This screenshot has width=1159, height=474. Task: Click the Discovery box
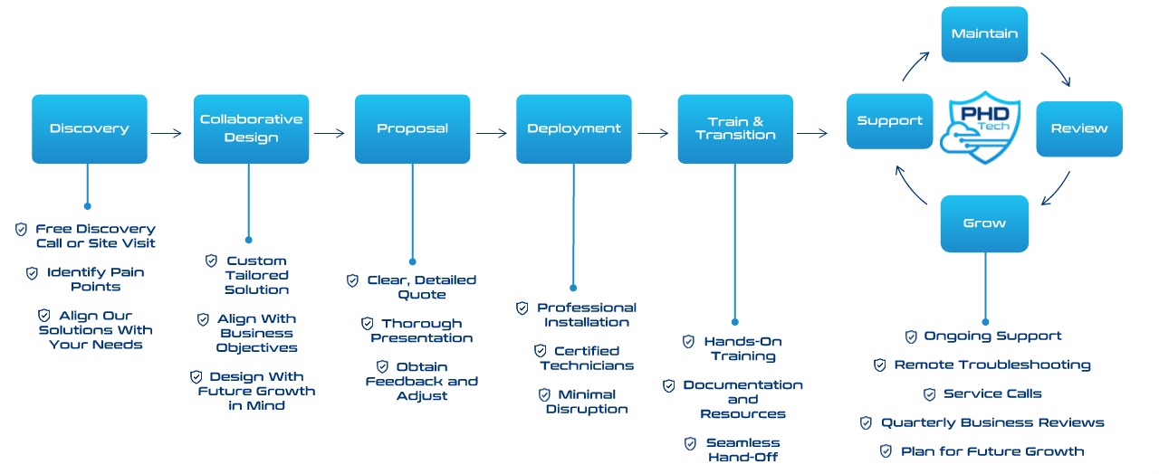coord(89,128)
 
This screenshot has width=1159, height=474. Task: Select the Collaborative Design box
coord(251,128)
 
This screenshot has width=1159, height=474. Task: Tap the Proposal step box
coord(412,128)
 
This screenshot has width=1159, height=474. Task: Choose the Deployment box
coord(574,128)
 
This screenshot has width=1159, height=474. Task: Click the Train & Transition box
coord(735,128)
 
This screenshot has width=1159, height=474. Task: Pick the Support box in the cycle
coord(889,121)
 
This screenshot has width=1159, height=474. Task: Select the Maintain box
coord(984,34)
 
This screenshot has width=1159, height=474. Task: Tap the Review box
coord(1078,128)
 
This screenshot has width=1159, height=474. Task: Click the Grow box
coord(984,223)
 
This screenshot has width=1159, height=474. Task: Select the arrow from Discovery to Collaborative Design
coord(167,133)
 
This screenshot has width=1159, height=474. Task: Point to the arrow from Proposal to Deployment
coord(491,133)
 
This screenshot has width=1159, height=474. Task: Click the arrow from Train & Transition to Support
coord(811,133)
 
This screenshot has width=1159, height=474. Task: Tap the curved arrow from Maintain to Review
coord(1056,69)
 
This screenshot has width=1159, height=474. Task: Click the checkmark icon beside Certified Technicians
coord(541,351)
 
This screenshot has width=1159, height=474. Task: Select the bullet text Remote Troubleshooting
coord(992,365)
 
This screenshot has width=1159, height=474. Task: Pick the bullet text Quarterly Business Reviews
coord(992,423)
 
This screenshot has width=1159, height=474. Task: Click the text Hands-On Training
coord(742,349)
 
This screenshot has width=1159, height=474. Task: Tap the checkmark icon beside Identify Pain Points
coord(33,272)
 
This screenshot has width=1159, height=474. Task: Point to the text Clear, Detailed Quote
coord(421,288)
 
